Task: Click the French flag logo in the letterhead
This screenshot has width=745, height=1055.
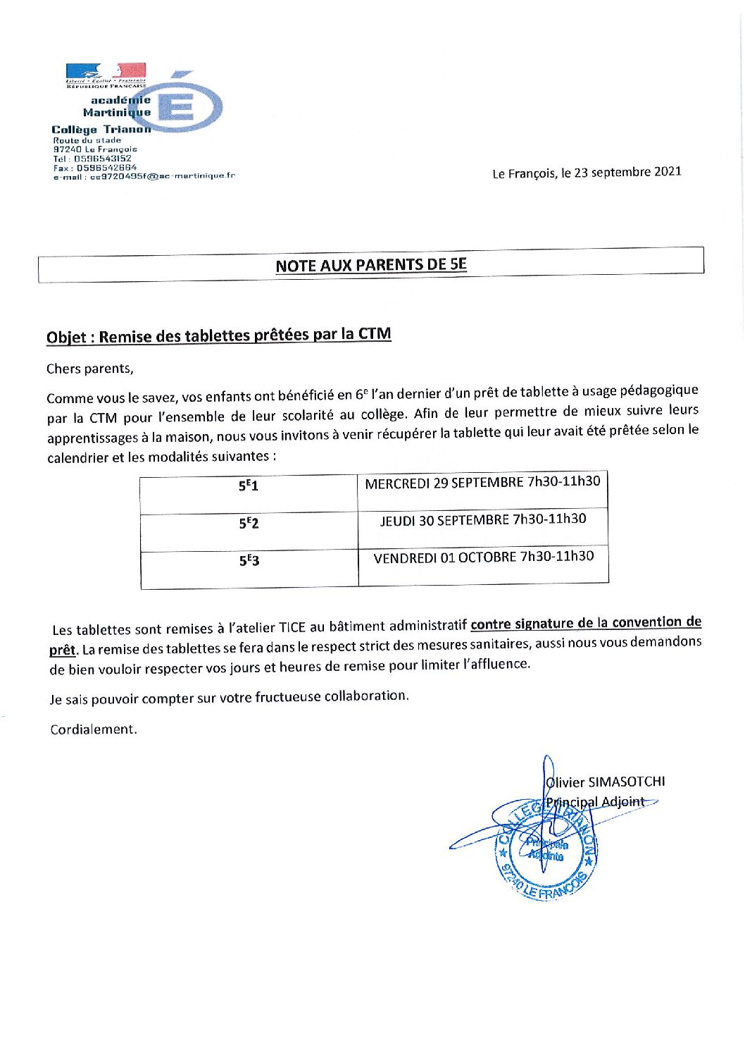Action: (106, 70)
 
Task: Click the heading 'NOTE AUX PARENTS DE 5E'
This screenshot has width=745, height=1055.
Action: (371, 265)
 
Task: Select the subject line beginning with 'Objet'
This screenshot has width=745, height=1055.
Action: (218, 335)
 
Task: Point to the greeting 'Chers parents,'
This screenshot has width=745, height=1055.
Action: (89, 369)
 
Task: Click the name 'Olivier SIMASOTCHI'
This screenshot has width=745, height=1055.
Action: (606, 782)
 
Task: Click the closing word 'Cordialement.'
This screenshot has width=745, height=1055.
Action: (94, 729)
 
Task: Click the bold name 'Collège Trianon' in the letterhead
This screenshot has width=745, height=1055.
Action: (101, 130)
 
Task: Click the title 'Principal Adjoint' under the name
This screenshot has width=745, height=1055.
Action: (596, 802)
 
